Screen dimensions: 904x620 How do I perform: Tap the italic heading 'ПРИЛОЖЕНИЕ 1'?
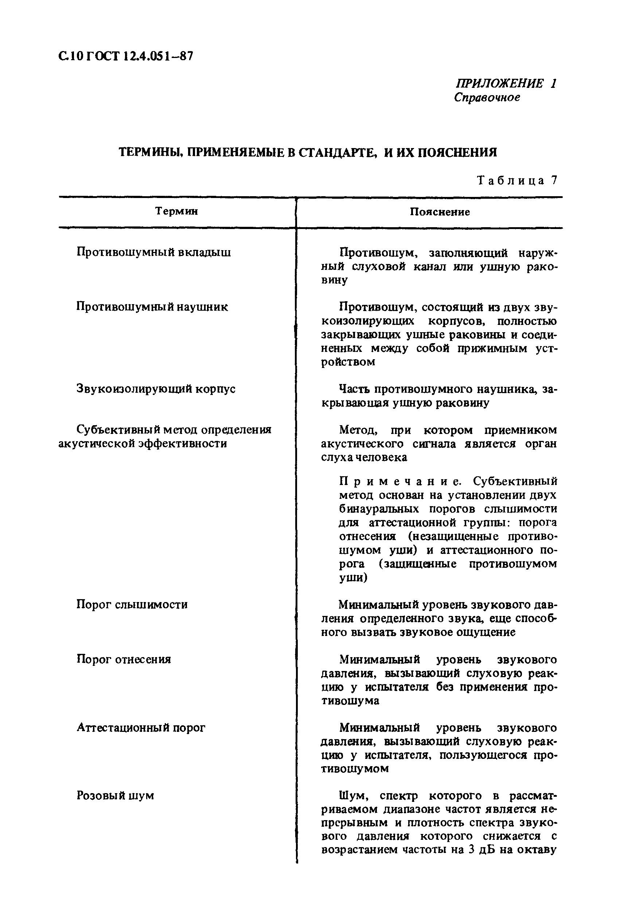pos(506,83)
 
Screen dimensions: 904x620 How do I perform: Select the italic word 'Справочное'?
pos(487,97)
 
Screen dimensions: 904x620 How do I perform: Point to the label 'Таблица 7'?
pos(517,181)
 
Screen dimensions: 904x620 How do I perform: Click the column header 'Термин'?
pos(176,211)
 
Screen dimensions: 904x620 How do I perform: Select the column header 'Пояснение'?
pos(440,212)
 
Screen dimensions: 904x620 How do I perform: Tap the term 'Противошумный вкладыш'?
pos(153,252)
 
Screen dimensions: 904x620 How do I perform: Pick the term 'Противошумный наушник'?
pos(152,307)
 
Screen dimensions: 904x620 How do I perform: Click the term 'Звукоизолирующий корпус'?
pos(156,389)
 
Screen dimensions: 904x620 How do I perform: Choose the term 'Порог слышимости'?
pos(132,605)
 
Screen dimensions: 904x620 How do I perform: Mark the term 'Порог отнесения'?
pos(124,659)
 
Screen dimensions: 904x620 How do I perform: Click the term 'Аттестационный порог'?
pos(141,728)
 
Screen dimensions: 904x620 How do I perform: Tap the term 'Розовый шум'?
pos(115,795)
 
